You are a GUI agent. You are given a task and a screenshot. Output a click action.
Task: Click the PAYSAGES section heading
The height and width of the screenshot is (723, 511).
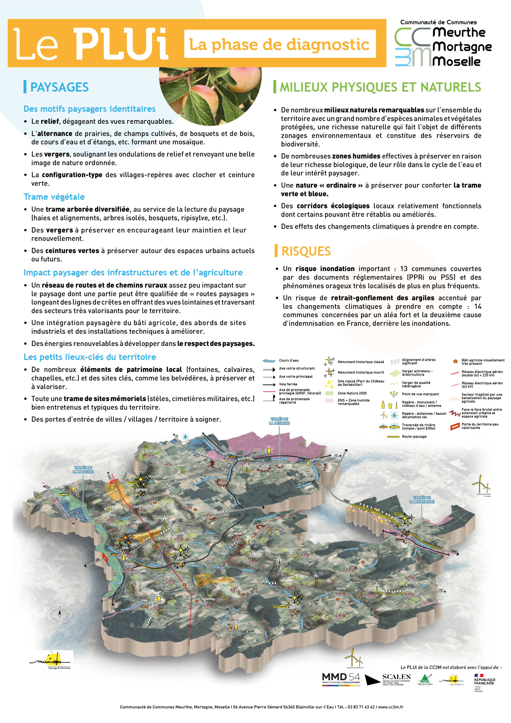(59, 87)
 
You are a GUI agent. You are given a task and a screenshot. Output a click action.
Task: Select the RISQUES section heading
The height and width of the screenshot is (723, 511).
(306, 251)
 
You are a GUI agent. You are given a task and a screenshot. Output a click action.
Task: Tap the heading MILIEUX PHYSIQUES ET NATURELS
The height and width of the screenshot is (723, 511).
(380, 87)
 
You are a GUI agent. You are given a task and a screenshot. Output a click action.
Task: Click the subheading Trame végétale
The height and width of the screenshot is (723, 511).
(54, 197)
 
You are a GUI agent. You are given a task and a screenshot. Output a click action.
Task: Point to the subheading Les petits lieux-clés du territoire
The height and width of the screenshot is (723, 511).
(90, 357)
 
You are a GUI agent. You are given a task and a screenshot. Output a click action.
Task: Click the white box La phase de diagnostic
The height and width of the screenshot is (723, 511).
(279, 44)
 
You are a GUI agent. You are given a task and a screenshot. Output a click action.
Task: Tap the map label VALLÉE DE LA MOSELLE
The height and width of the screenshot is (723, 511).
(83, 469)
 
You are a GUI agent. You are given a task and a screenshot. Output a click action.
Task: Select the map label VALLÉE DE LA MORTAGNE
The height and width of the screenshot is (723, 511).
(422, 499)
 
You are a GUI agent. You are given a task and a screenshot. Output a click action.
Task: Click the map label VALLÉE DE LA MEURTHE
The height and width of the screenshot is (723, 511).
(279, 421)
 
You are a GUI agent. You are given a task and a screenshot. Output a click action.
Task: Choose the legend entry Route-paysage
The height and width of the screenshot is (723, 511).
(414, 436)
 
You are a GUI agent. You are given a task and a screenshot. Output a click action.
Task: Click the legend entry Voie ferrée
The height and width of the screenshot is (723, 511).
(288, 384)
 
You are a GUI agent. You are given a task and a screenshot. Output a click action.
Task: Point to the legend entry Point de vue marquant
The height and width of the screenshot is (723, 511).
(420, 394)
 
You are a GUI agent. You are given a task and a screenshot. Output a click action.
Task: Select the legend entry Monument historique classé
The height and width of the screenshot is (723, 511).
(361, 362)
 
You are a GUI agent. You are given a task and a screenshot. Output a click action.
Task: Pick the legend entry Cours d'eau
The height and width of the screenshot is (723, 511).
(289, 361)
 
